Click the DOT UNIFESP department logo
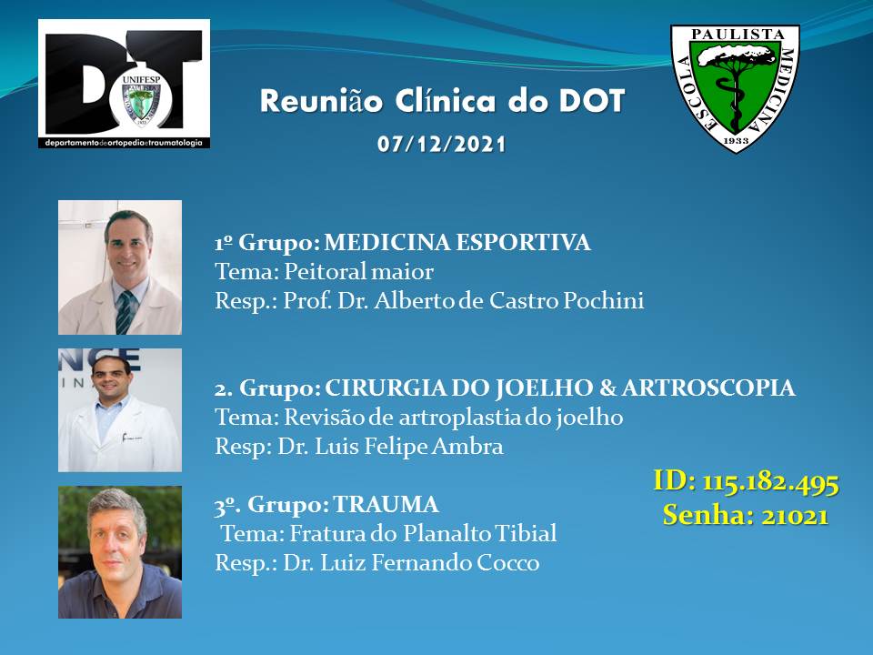(125, 84)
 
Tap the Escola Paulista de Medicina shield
(735, 88)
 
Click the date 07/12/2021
(442, 145)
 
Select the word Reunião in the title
(321, 101)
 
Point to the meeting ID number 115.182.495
(770, 482)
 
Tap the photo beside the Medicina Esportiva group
(120, 267)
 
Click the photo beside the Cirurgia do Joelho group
(120, 410)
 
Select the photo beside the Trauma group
(120, 552)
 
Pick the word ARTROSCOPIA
(708, 388)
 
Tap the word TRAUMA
(386, 505)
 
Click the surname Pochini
(604, 301)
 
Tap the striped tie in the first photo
(125, 312)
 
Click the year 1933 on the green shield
(736, 141)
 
